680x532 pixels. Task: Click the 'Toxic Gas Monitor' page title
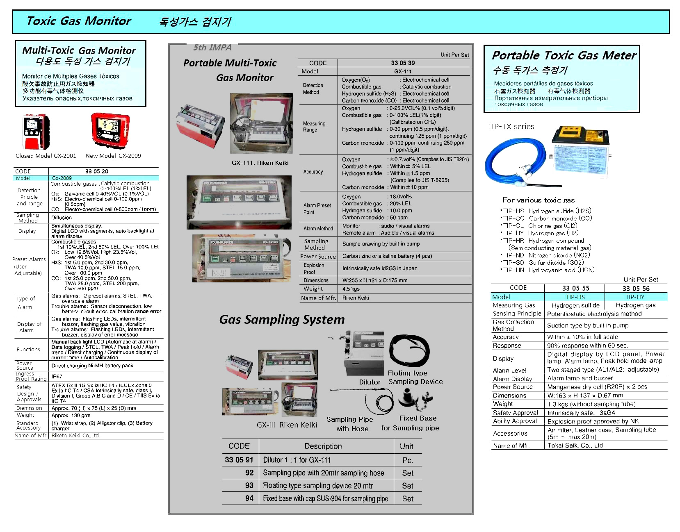point(78,21)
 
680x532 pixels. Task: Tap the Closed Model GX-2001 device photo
point(36,132)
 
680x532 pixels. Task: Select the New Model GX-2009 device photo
point(110,130)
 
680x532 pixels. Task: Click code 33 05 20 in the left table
point(97,171)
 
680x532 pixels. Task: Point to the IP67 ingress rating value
point(57,376)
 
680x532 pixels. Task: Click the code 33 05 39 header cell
point(403,63)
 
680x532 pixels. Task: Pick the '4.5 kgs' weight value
point(351,289)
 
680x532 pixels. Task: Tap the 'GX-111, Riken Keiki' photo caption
point(260,163)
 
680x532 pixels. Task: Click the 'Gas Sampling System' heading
point(282,320)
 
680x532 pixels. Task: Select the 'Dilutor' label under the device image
point(370,382)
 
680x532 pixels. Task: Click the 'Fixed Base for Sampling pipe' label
point(410,423)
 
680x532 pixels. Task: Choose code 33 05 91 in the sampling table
point(239,460)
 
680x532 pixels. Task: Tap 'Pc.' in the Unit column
point(408,460)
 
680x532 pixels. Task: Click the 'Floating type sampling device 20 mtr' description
point(318,486)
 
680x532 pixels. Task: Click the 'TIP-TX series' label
point(511,127)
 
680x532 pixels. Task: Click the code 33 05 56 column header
point(636,289)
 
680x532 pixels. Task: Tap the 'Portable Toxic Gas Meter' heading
point(564,55)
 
